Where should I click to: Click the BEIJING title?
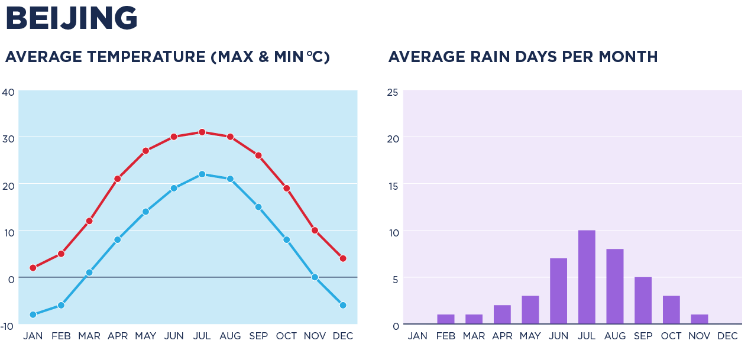click(x=71, y=18)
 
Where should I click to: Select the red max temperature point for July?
click(x=202, y=132)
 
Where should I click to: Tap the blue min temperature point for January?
click(x=33, y=314)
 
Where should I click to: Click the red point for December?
click(x=343, y=258)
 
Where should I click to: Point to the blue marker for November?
click(x=315, y=277)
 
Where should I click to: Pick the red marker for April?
click(x=118, y=179)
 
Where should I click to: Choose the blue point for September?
click(x=258, y=207)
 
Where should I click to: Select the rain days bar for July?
click(x=587, y=277)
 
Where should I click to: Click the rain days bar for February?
click(x=446, y=319)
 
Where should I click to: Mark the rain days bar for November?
click(x=699, y=319)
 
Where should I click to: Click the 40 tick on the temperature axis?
click(x=8, y=92)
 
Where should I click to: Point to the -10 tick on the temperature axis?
click(x=8, y=325)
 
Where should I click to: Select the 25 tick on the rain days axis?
click(x=392, y=92)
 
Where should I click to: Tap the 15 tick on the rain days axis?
click(x=392, y=186)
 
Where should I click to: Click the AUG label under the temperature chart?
click(x=230, y=336)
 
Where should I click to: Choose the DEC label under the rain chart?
click(x=727, y=336)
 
